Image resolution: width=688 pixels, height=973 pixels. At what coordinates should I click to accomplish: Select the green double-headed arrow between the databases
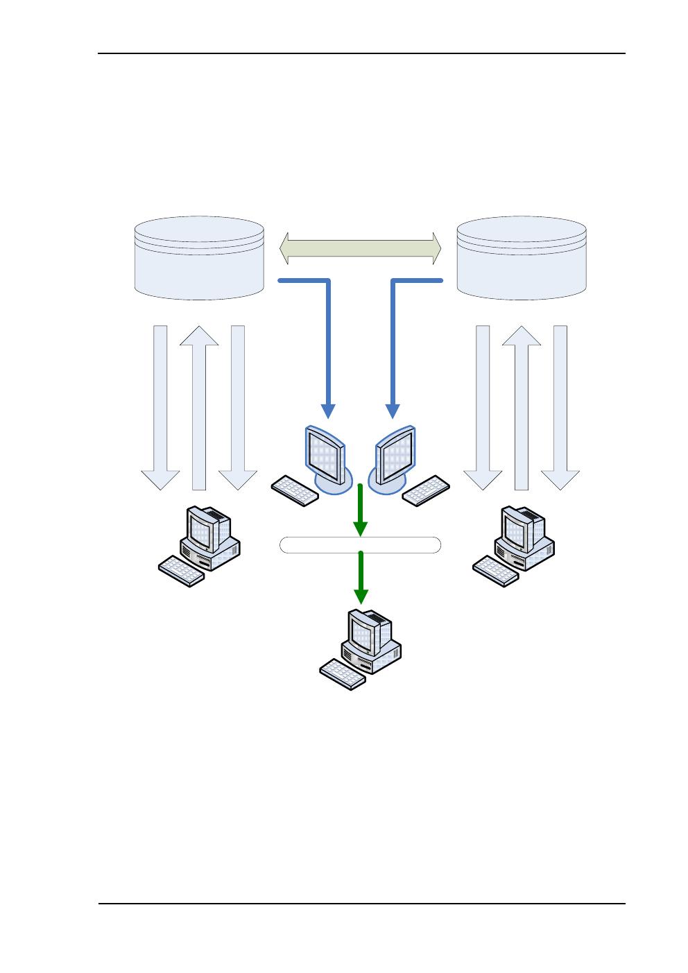tap(360, 248)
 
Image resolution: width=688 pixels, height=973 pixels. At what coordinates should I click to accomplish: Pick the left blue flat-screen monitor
tap(325, 454)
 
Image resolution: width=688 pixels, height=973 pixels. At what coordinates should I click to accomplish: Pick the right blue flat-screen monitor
tap(395, 454)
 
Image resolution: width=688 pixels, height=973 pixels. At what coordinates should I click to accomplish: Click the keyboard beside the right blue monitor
tap(426, 490)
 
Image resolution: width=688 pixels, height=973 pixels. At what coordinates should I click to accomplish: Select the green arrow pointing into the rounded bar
tap(361, 510)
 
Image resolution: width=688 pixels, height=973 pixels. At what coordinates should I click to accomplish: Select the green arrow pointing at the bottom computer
tap(361, 577)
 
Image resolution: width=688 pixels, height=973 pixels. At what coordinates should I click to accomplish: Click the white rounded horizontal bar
tap(360, 545)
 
